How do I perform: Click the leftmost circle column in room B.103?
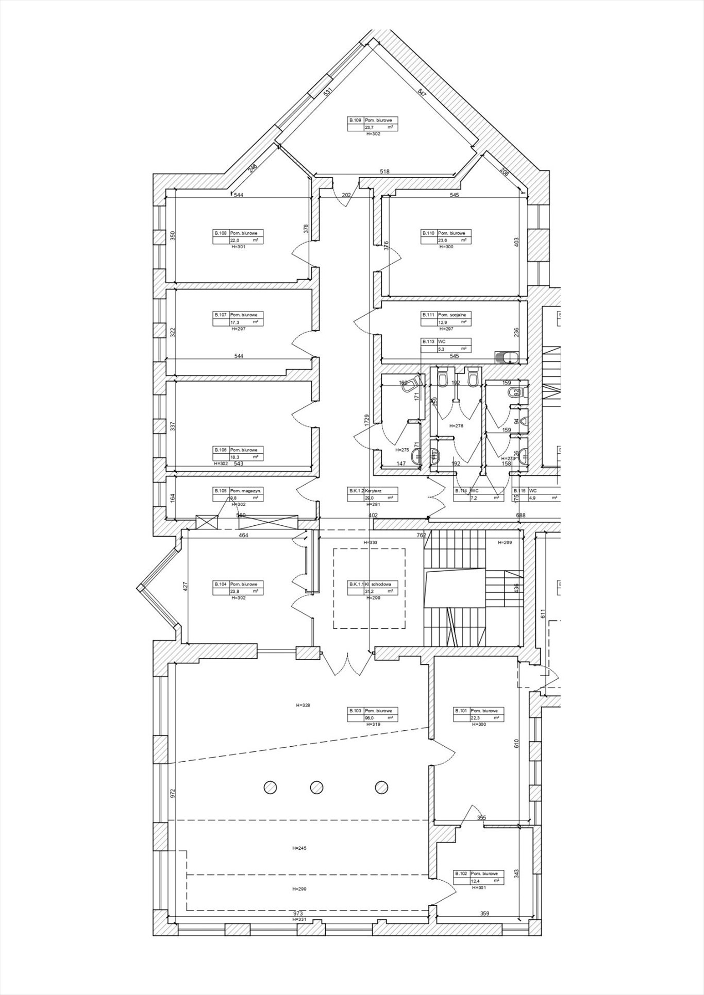pyautogui.click(x=270, y=787)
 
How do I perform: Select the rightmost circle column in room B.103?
pyautogui.click(x=381, y=787)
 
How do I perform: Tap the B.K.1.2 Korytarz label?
pyautogui.click(x=373, y=494)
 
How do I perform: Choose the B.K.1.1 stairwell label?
pyautogui.click(x=373, y=588)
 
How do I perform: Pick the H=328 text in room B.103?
pyautogui.click(x=303, y=705)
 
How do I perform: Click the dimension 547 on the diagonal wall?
pyautogui.click(x=422, y=93)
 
